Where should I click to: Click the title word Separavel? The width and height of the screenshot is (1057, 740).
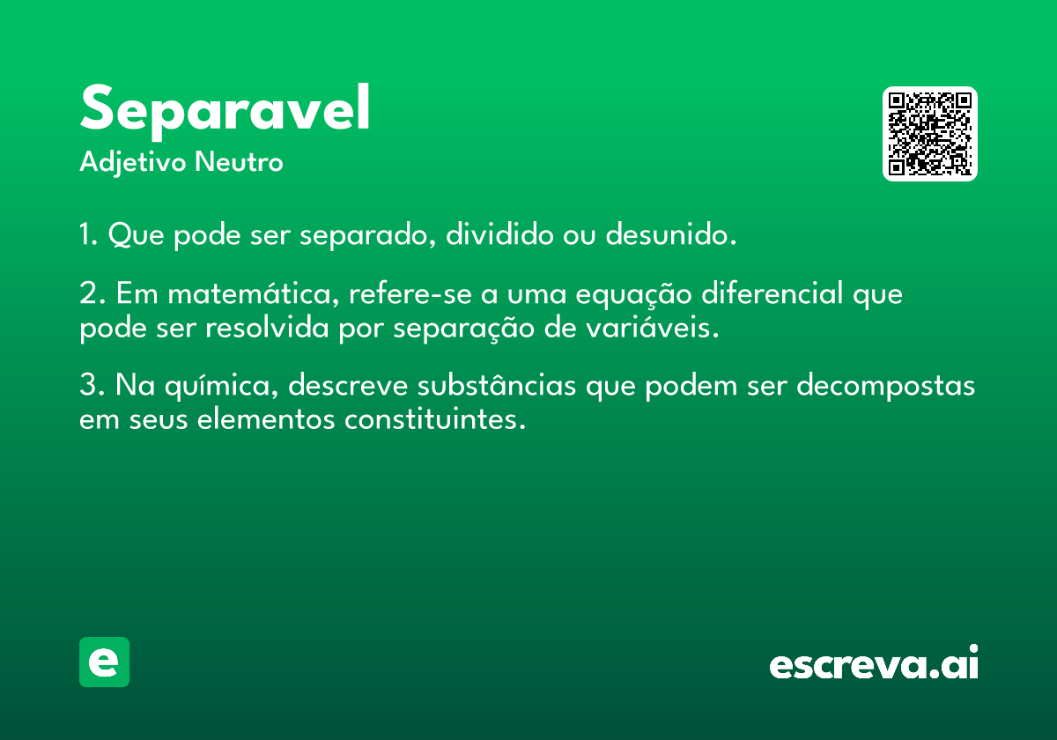coord(225,111)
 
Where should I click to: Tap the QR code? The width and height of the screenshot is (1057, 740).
coord(929,134)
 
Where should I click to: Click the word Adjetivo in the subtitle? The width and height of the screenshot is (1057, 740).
coord(133,163)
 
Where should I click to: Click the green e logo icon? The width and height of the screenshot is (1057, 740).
coord(104,662)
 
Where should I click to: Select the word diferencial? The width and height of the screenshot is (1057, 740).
coord(772,292)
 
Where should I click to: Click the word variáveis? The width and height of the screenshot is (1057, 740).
coord(653,327)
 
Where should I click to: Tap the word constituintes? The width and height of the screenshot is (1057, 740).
coord(434,418)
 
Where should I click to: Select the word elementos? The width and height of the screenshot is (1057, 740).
coord(265,418)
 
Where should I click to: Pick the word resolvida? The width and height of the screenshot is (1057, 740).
coord(267,327)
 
